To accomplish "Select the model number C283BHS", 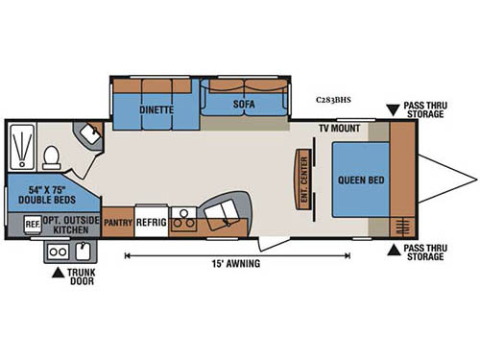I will tap(332, 99).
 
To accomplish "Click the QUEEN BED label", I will tap(360, 179).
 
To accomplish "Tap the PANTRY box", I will tap(117, 220).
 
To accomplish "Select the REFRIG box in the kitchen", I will tap(152, 220).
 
